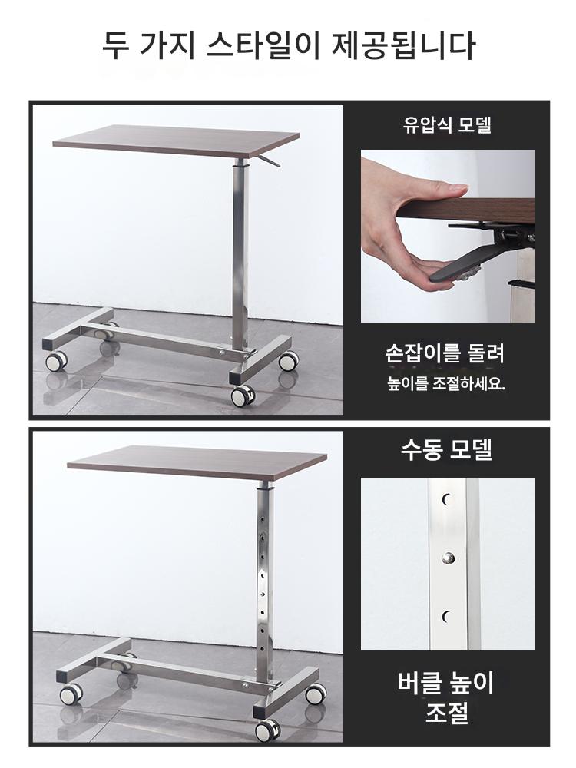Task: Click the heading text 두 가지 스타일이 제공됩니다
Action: coord(289,45)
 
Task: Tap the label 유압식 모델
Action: coord(447,125)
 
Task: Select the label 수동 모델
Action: coord(447,449)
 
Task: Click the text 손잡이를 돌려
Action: coord(445,353)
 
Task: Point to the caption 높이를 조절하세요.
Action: coord(446,383)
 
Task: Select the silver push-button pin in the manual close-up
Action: coord(448,557)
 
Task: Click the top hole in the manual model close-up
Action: coord(446,500)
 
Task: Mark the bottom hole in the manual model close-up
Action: coord(446,616)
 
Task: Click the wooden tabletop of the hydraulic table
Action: coord(176,140)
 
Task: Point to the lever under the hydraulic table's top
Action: coord(267,161)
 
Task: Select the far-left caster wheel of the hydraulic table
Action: coord(56,361)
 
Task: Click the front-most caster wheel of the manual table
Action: coord(267,730)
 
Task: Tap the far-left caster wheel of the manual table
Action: coord(71,694)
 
